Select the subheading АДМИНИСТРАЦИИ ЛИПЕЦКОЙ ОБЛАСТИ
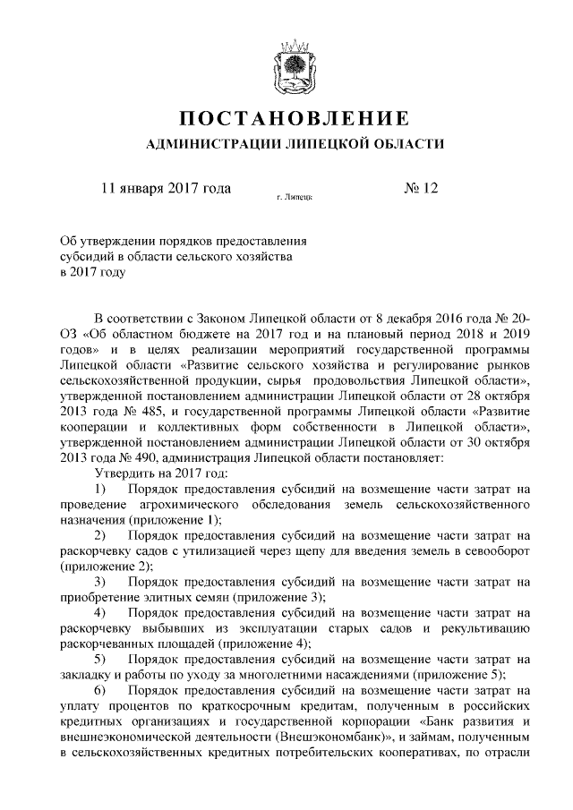pyautogui.click(x=294, y=144)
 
